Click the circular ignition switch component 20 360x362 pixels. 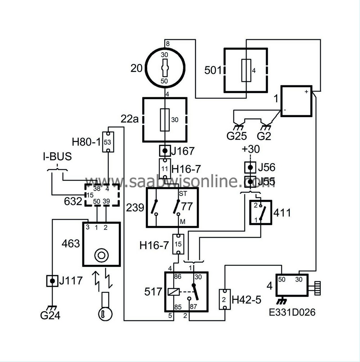click(165, 68)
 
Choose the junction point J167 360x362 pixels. click(165, 150)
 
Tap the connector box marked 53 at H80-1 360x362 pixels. click(108, 142)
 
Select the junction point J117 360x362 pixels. click(53, 281)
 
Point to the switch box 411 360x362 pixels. click(261, 213)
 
